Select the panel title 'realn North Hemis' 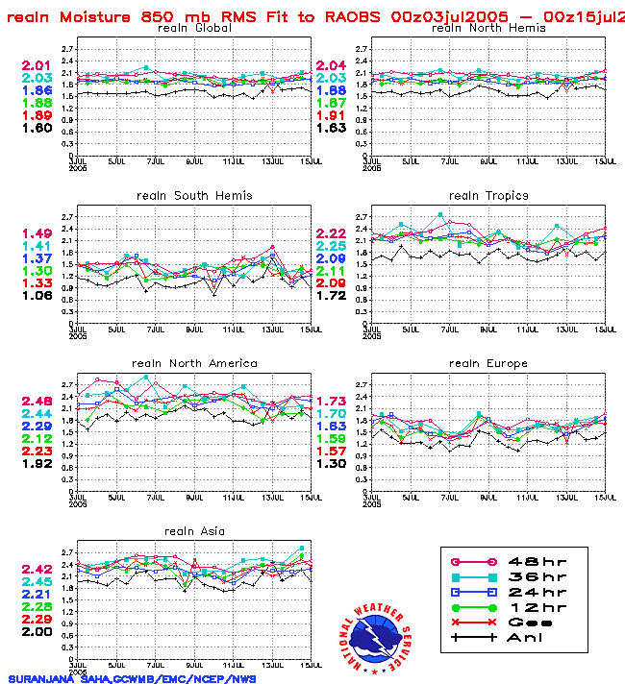tap(488, 28)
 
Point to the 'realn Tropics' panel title tap(488, 195)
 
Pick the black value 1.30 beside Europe tap(332, 463)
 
